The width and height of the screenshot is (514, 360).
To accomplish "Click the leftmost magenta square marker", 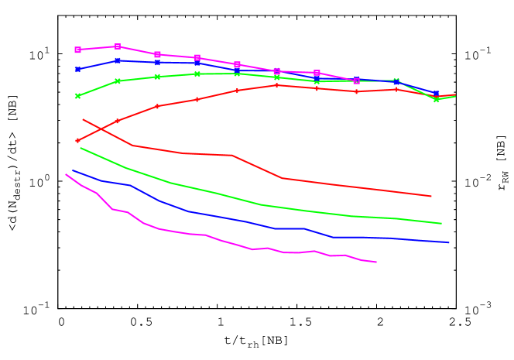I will [77, 50].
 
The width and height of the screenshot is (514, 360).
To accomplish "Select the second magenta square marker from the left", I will [118, 46].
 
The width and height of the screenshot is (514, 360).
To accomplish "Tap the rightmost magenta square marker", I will [356, 81].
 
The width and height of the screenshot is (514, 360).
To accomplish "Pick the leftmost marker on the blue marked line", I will [77, 70].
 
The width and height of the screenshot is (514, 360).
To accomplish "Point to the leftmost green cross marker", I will [77, 96].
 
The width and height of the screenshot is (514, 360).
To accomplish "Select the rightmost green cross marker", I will [436, 99].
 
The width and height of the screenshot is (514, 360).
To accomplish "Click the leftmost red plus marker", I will [77, 140].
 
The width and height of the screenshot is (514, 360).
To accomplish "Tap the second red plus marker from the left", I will [118, 121].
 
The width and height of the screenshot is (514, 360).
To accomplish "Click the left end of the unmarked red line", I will [83, 119].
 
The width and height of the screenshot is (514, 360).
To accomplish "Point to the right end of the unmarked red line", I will [430, 196].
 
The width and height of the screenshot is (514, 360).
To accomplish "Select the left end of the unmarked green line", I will [81, 148].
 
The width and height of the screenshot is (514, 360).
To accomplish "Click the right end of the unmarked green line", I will [441, 224].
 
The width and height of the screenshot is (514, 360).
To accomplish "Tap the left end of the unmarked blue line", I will [74, 171].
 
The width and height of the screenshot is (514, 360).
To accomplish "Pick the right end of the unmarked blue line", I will [449, 242].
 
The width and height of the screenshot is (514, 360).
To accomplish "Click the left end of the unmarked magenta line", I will [66, 174].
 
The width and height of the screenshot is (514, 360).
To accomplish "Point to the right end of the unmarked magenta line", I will [376, 262].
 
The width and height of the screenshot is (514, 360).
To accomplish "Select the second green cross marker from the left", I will [118, 81].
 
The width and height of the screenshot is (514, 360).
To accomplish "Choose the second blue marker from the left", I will [118, 60].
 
